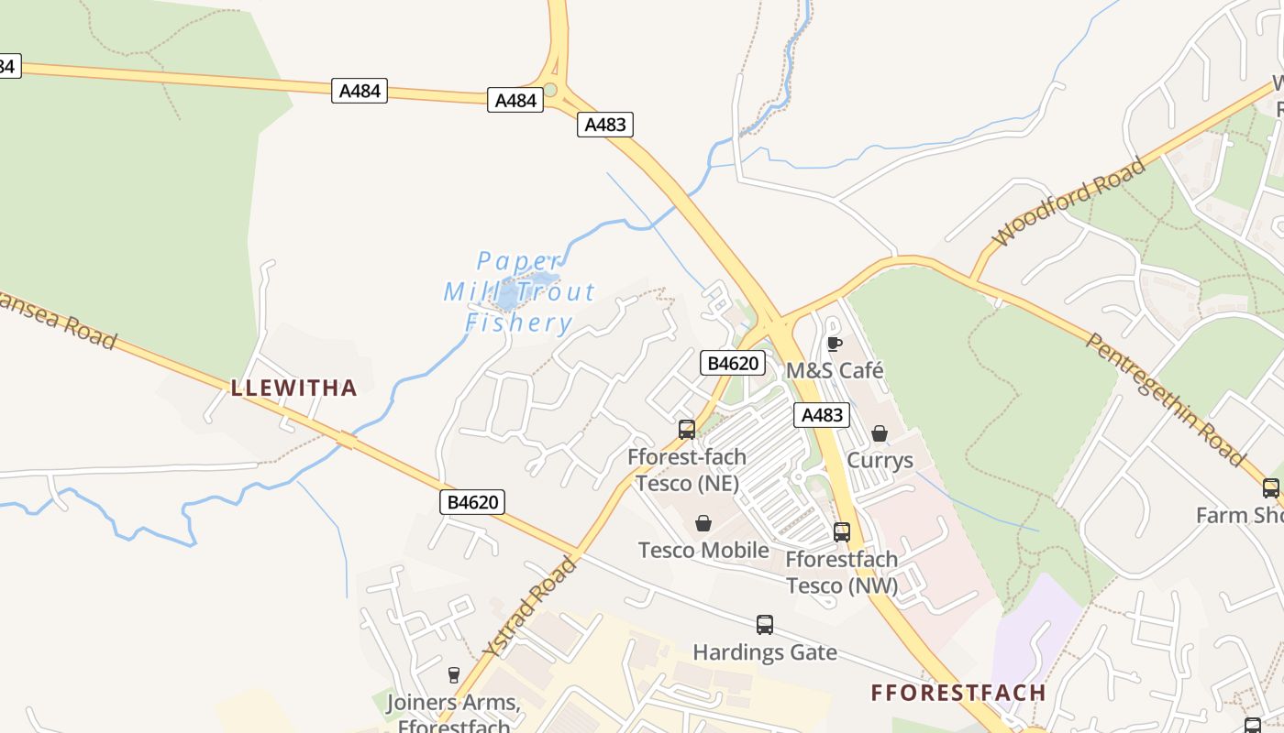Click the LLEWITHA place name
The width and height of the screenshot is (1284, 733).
(x=293, y=388)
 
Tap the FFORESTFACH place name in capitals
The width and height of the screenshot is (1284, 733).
(x=958, y=693)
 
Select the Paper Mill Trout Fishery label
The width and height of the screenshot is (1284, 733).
(x=519, y=292)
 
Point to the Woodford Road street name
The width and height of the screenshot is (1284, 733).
(x=1069, y=202)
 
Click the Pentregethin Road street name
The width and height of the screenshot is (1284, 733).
(x=1166, y=399)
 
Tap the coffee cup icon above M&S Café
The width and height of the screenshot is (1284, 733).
(x=834, y=344)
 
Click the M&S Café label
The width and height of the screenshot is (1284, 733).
(x=835, y=370)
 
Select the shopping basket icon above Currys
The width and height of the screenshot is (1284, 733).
(x=880, y=432)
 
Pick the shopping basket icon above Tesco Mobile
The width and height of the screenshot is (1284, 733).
(x=703, y=523)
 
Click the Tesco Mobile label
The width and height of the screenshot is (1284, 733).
(x=703, y=550)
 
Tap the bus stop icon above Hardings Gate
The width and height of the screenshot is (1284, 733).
(x=765, y=625)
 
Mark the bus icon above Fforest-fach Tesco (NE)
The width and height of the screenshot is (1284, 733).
(x=686, y=429)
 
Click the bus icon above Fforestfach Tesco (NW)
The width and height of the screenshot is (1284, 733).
(x=842, y=531)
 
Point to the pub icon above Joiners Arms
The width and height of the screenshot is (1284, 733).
(x=453, y=675)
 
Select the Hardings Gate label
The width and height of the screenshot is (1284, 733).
(x=765, y=652)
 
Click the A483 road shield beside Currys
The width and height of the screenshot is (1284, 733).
(x=822, y=415)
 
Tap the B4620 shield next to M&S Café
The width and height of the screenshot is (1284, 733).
(x=733, y=363)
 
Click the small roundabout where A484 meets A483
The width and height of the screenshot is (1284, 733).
(x=550, y=90)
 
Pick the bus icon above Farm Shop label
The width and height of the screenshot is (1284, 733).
(x=1271, y=487)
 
